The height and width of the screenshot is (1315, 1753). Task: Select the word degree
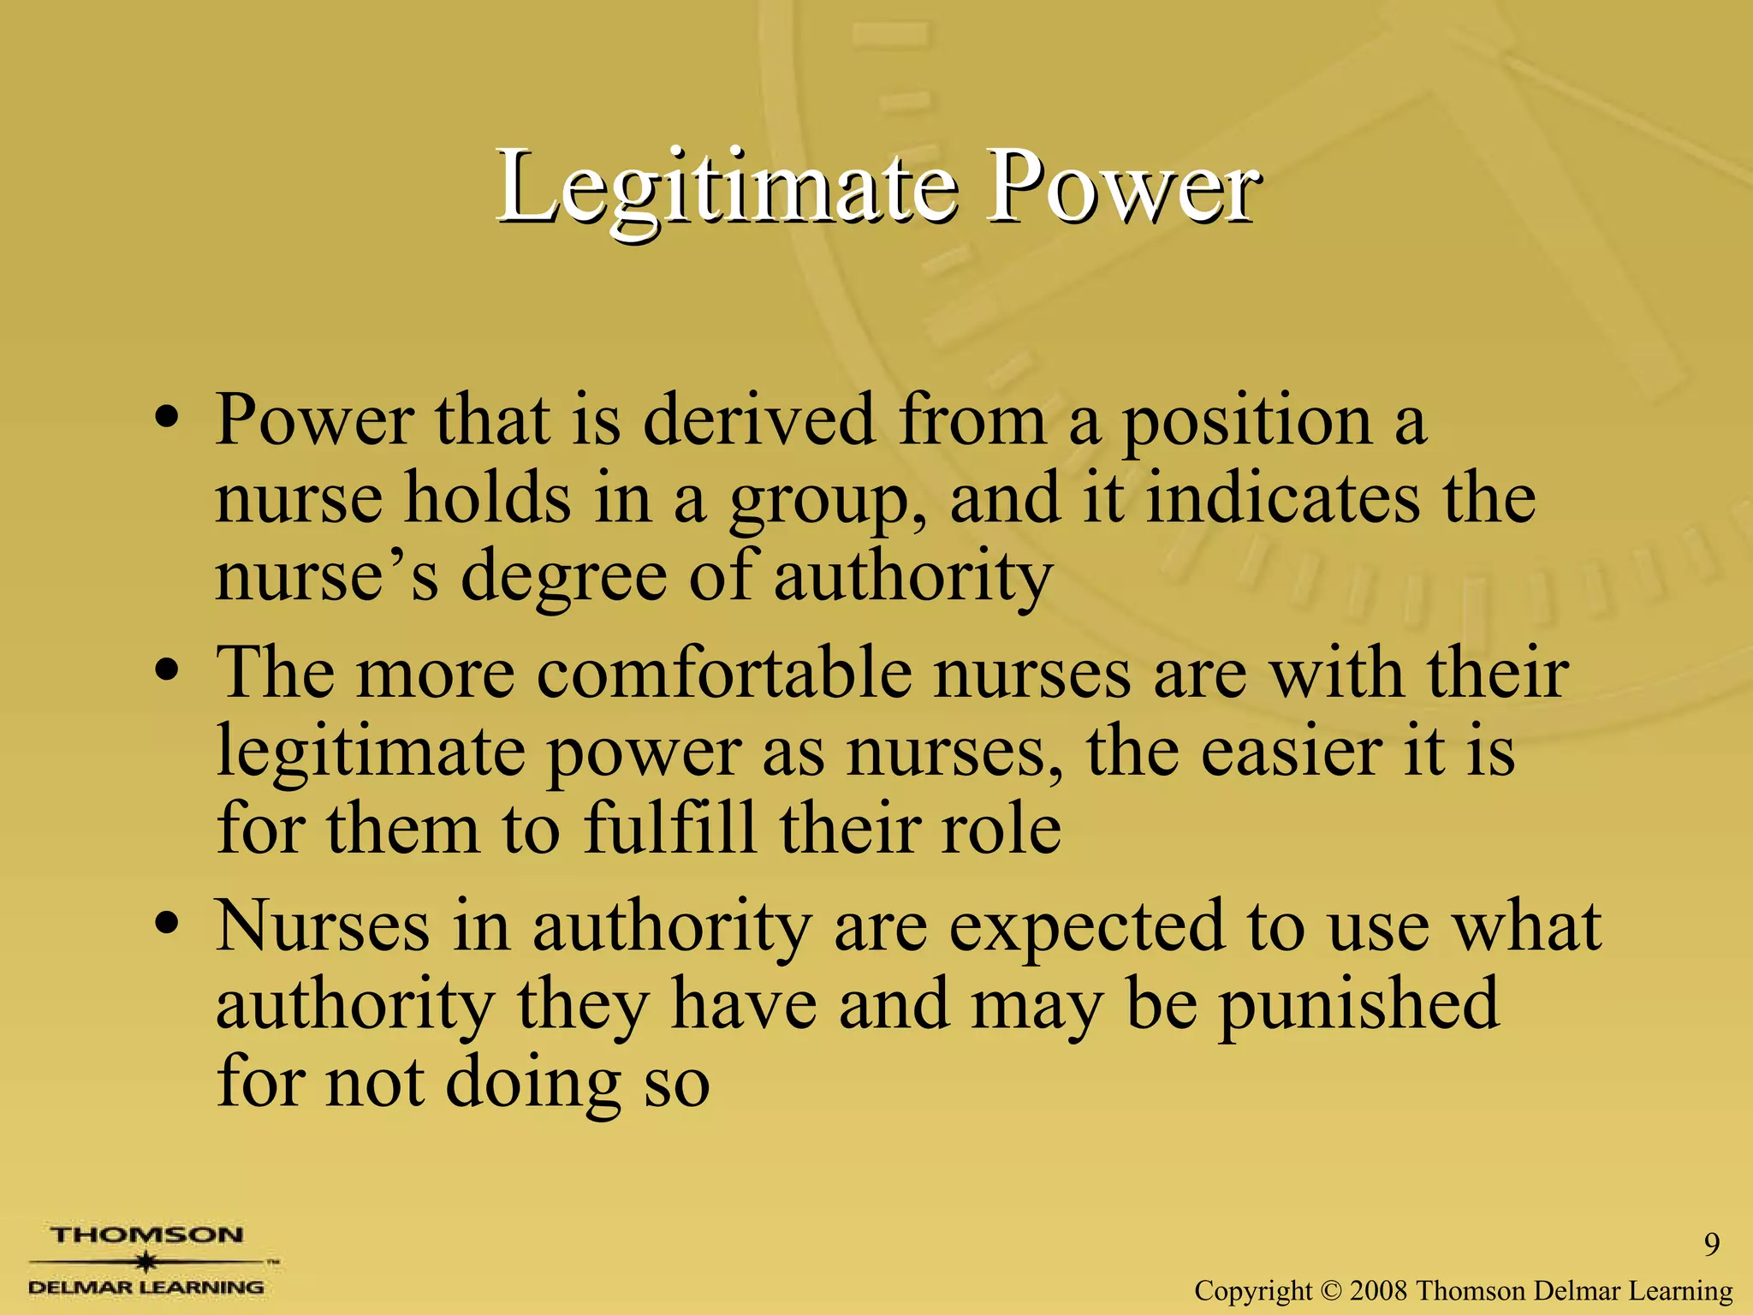[x=564, y=579]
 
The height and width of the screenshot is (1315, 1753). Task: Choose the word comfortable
[x=724, y=673]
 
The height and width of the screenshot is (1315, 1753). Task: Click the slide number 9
[x=1711, y=1244]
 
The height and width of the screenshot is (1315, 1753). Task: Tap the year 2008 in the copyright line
[x=1379, y=1289]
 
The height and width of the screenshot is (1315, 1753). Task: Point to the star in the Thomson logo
[x=147, y=1261]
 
